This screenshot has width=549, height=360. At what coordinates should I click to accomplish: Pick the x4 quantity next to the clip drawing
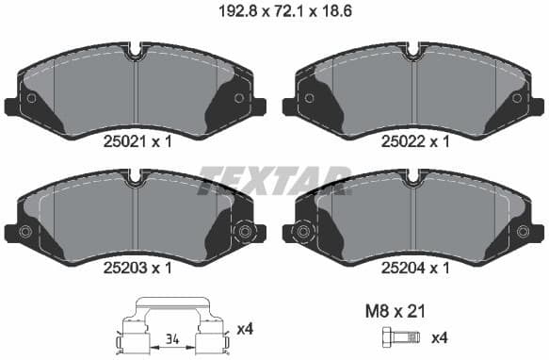point(247,328)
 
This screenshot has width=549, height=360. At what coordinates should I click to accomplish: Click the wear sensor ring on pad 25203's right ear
point(247,232)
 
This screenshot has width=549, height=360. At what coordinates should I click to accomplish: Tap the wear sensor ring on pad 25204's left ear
point(302,232)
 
